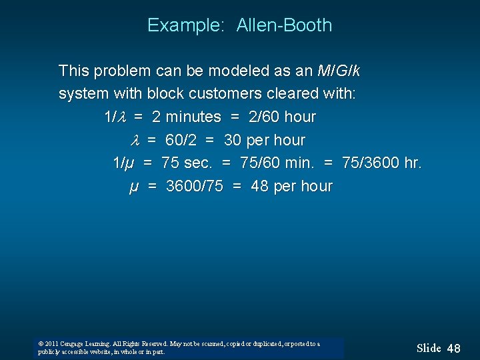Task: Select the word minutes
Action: pyautogui.click(x=193, y=117)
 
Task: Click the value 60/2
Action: pyautogui.click(x=179, y=140)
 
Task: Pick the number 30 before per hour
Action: pyautogui.click(x=233, y=140)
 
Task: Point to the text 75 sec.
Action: pyautogui.click(x=189, y=163)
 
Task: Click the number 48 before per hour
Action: pyautogui.click(x=259, y=186)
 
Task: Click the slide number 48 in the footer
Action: pyautogui.click(x=453, y=348)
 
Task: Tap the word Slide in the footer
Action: pyautogui.click(x=429, y=348)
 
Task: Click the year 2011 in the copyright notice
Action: pyautogui.click(x=51, y=344)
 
